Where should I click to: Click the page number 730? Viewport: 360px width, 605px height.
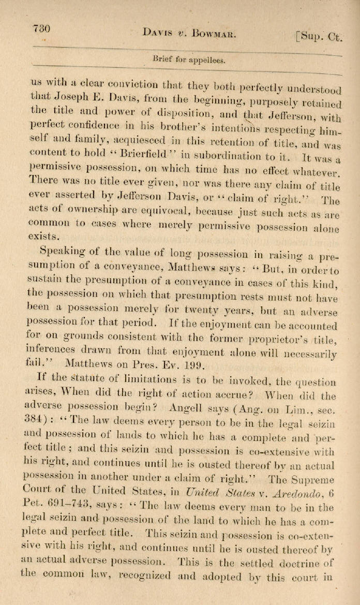click(x=41, y=29)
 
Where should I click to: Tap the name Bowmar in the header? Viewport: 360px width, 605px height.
click(x=206, y=34)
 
